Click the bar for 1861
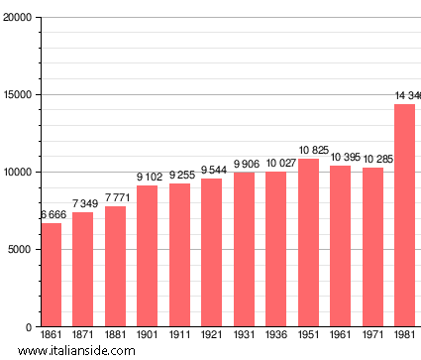[x=51, y=275]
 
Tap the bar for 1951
[x=308, y=243]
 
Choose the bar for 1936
[x=275, y=249]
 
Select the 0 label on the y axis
[x=29, y=327]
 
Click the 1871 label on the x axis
[x=82, y=336]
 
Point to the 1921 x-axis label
[x=211, y=336]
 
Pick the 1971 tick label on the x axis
[x=372, y=336]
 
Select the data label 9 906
[x=244, y=165]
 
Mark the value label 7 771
[x=115, y=198]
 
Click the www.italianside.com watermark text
[x=83, y=351]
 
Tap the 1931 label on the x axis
[x=244, y=336]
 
